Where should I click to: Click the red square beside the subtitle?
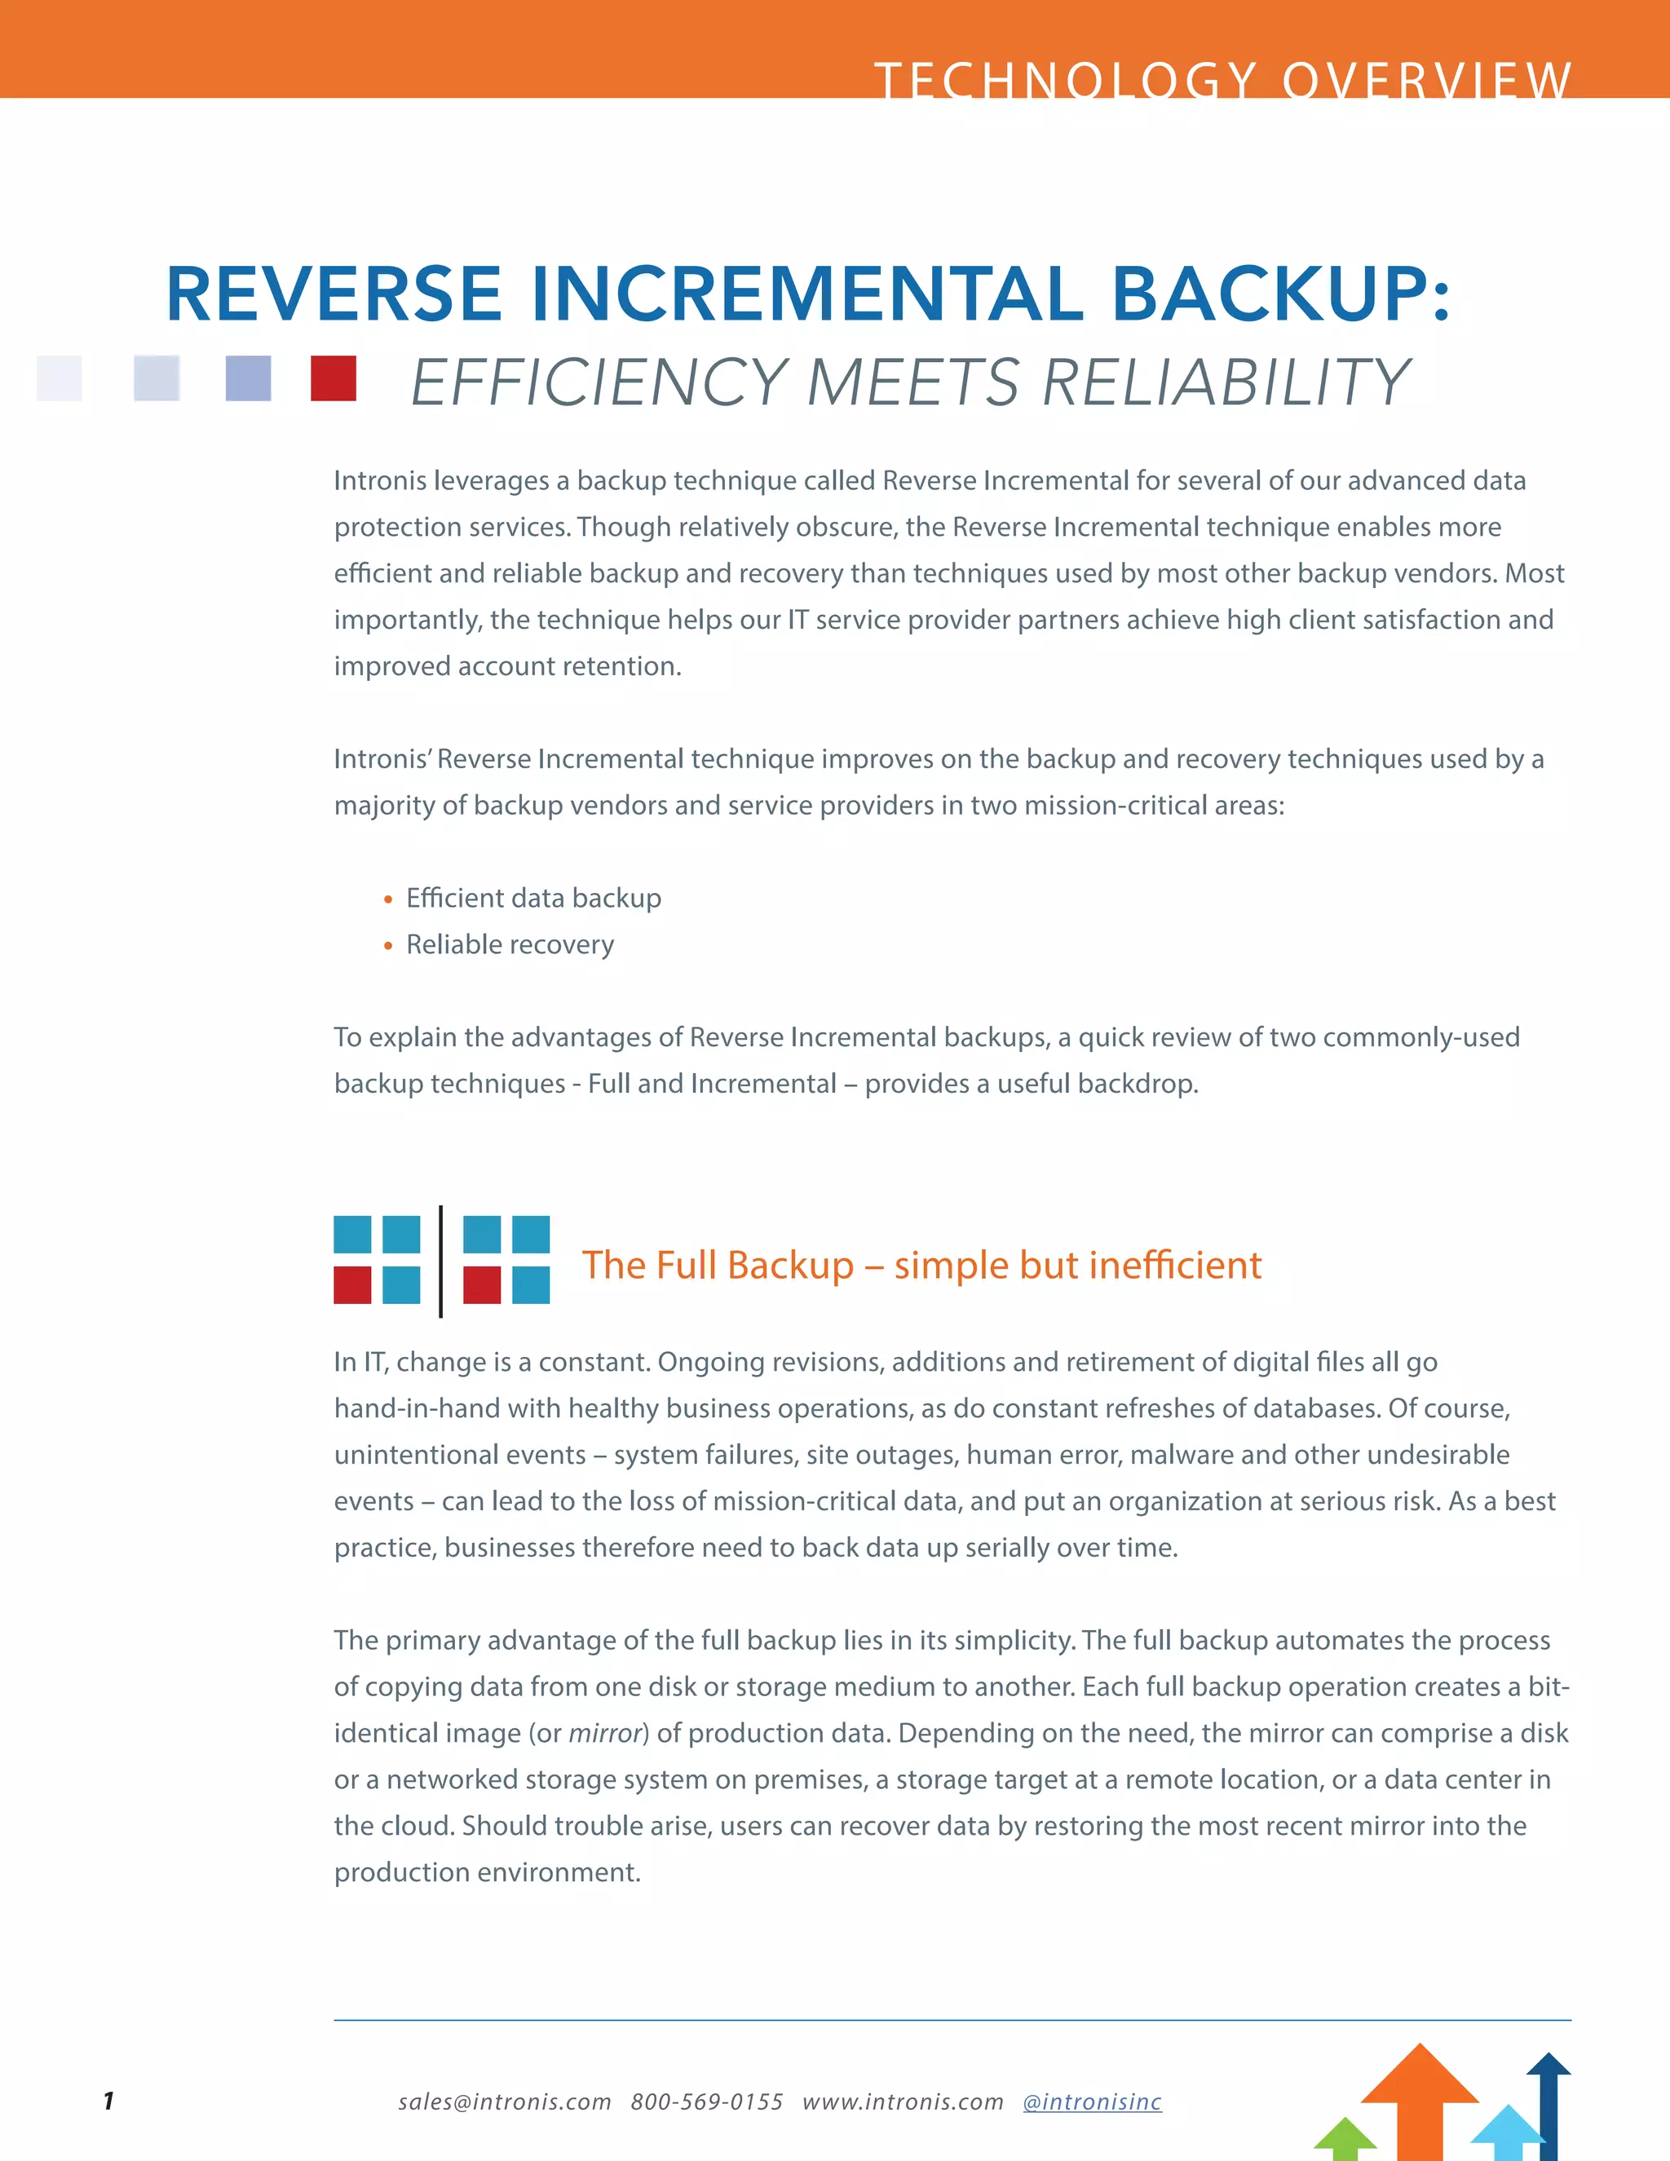334,378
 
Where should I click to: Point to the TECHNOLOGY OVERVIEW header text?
1223,79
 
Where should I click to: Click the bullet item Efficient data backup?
533,898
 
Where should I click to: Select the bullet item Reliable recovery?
510,944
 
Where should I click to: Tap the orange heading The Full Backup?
921,1265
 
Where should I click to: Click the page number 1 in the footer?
108,2101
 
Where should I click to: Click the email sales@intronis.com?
505,2101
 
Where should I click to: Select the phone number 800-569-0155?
706,2101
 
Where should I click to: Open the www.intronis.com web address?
903,2101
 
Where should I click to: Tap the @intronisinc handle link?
1092,2101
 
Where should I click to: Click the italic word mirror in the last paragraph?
604,1733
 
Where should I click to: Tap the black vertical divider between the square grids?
440,1262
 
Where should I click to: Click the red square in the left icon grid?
352,1285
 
